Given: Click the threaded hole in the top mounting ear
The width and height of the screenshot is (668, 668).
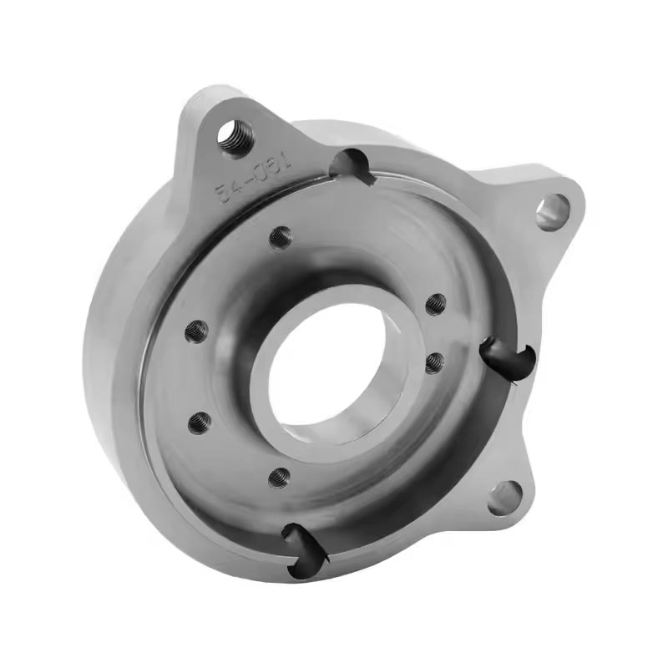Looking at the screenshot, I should [x=235, y=136].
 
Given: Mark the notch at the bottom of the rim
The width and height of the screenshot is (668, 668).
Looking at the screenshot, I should [x=302, y=547].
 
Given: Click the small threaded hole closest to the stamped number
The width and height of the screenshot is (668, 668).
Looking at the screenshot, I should [x=281, y=238].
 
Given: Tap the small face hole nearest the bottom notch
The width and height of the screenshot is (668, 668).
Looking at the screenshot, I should [x=280, y=477].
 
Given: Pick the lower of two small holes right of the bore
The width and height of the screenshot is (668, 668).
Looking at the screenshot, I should [x=433, y=363].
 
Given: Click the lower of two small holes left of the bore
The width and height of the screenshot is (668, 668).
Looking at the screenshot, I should [x=199, y=423].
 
